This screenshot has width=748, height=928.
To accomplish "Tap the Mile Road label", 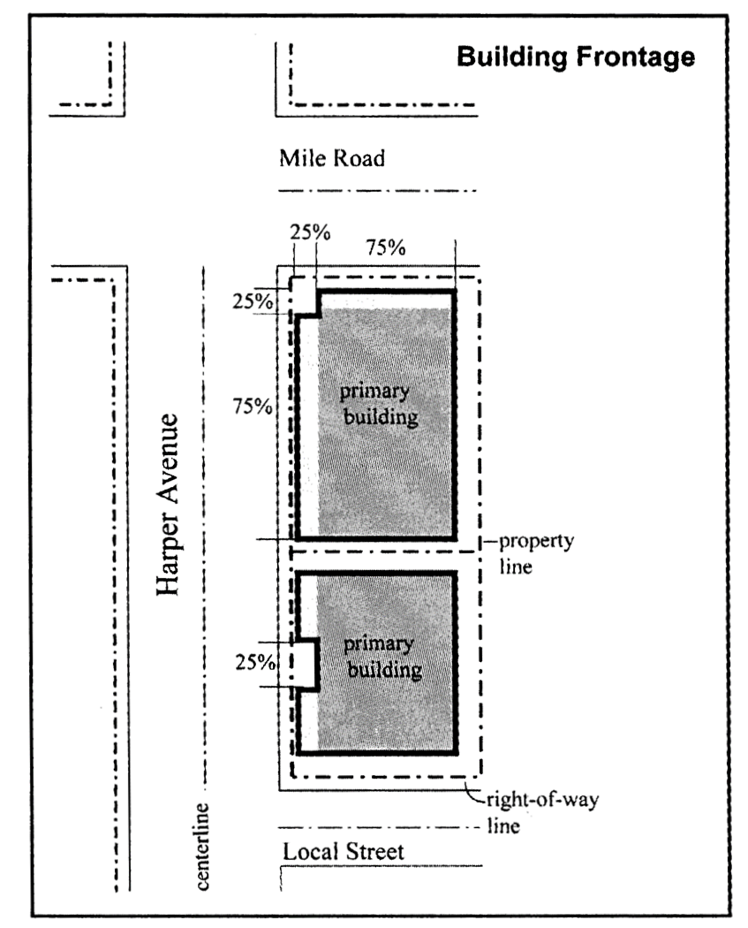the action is (x=332, y=158).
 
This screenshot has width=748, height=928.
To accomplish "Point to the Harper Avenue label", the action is (x=167, y=505).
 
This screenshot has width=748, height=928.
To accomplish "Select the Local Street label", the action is (x=343, y=852).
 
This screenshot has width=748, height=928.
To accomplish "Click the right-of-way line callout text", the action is (x=542, y=812).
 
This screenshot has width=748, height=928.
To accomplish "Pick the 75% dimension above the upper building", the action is (x=386, y=247).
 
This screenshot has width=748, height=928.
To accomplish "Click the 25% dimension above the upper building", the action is (x=310, y=232).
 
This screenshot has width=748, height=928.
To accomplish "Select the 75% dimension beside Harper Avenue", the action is (x=253, y=406).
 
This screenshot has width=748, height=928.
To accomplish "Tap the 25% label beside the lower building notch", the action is (x=255, y=662).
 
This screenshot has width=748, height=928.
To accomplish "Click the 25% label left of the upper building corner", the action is (x=253, y=301).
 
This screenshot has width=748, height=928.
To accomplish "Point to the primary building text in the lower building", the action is (x=382, y=657).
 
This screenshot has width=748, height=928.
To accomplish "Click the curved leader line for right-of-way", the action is (x=475, y=791).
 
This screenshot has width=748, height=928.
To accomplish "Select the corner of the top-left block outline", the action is (x=125, y=116).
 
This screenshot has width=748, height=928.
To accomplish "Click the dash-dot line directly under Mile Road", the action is (x=377, y=191).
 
